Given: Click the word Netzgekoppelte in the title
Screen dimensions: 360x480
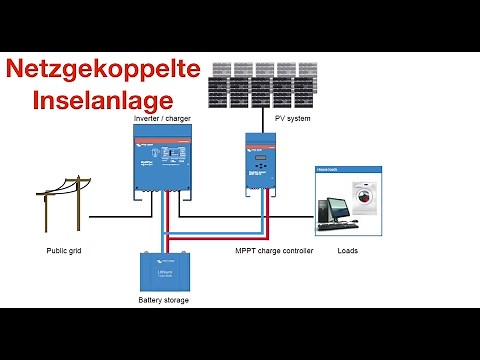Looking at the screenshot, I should [104, 70].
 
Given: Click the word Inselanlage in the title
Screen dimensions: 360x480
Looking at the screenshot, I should [104, 99].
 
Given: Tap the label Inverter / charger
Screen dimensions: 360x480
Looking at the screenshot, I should [162, 119].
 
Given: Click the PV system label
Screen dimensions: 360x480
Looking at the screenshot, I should [293, 119].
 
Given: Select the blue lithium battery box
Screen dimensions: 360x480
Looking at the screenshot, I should [164, 271].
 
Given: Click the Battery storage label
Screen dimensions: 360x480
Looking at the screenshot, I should [163, 300].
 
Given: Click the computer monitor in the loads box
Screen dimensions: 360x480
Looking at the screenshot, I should [332, 208].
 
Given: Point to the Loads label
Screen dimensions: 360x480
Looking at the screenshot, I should [348, 250].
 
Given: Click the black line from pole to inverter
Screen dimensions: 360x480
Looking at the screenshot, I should [110, 216].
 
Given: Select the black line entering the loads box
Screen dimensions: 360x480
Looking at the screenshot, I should [295, 216].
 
